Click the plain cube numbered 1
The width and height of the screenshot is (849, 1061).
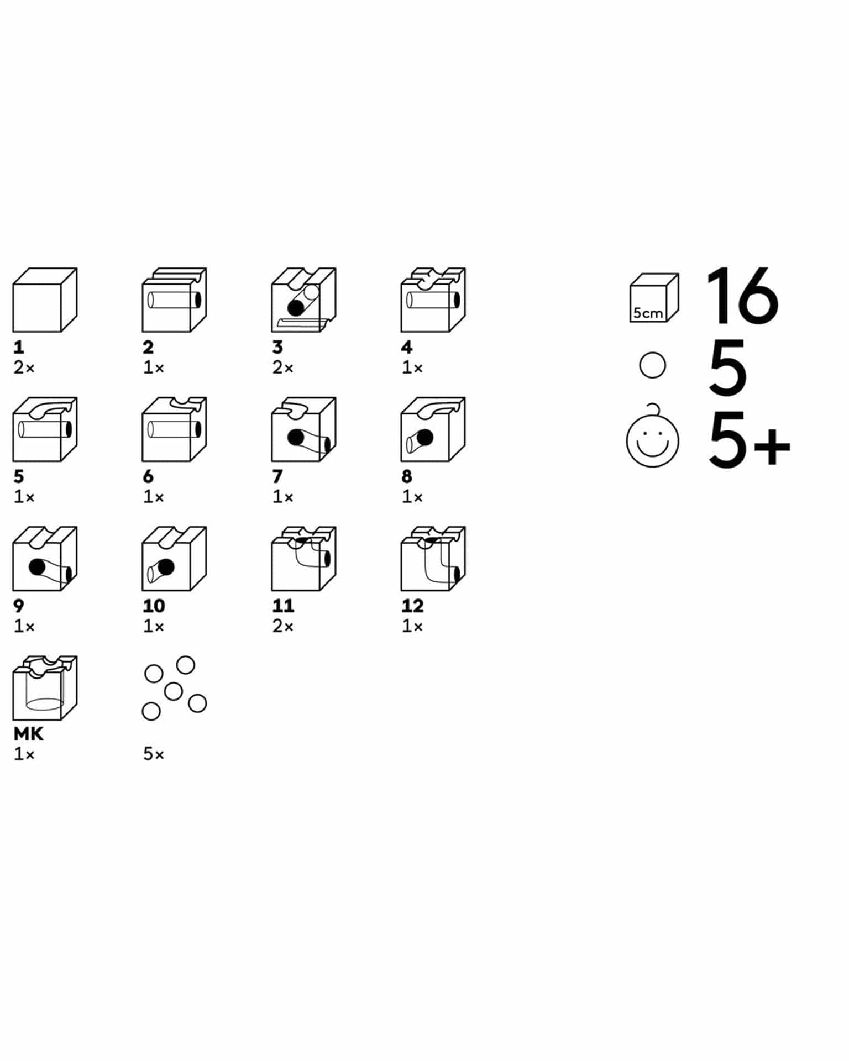45,300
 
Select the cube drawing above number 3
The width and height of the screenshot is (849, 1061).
303,300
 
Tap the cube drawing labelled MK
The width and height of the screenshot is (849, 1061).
45,688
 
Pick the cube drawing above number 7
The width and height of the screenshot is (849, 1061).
303,429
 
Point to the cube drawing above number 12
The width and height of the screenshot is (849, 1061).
433,559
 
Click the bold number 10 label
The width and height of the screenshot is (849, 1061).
154,606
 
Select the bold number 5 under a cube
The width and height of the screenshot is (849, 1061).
19,476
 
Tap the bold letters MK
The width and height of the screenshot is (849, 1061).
29,734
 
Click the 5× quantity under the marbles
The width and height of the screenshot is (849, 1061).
154,754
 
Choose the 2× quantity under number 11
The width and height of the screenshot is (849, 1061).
283,626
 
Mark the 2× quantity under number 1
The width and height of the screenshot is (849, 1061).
24,367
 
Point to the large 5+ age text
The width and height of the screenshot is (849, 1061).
750,440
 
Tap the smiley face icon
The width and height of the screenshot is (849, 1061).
653,438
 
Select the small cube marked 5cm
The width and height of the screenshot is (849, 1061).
654,297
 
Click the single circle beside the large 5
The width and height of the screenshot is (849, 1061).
652,365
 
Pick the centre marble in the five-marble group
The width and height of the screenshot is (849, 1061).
174,691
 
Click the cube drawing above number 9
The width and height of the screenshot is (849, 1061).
45,559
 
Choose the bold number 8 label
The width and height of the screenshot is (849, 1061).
407,476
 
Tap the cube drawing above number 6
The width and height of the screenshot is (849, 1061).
174,429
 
